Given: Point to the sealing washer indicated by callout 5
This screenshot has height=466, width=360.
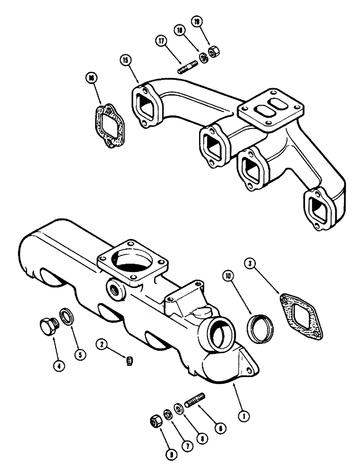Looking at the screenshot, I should [x=67, y=317].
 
